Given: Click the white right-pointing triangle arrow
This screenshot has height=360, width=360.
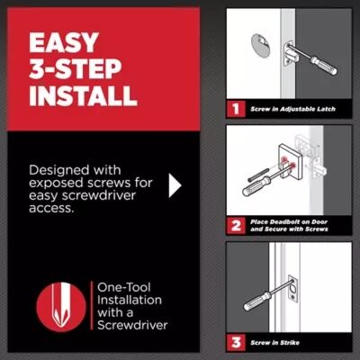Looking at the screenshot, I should [175, 185].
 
